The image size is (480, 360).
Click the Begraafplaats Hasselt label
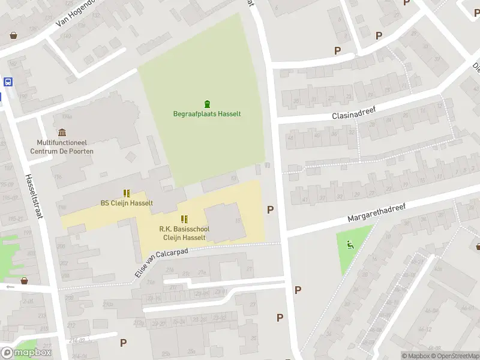point(207,114)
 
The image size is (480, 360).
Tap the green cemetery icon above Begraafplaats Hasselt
point(208,103)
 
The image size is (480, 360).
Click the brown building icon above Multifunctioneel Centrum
point(62,133)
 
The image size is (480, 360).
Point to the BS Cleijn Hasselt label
point(127,203)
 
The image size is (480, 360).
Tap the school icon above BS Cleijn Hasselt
point(127,193)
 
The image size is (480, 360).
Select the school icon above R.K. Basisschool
point(184,219)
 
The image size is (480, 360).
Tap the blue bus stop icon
point(8,82)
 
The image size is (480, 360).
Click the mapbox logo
point(26,353)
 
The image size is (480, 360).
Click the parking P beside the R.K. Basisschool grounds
point(271,209)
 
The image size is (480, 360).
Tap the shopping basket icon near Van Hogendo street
point(13,35)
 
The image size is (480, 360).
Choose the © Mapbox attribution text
point(416,356)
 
